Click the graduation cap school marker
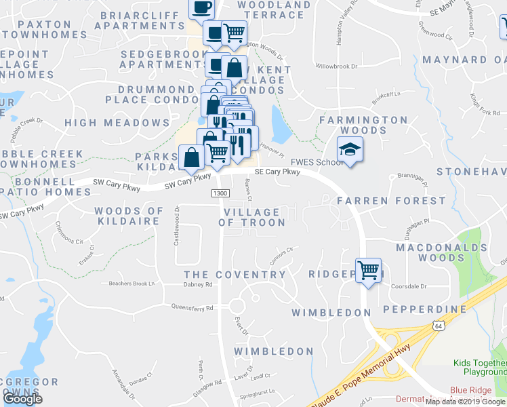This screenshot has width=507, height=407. [x=350, y=150]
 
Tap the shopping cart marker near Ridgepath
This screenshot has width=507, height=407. [x=368, y=271]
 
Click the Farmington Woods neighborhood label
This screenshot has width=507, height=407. [x=363, y=125]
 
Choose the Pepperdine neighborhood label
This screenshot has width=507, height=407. [x=425, y=309]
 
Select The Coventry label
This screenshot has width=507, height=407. [x=235, y=275]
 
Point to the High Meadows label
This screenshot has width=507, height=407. [x=117, y=123]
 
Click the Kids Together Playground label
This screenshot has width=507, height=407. [x=480, y=368]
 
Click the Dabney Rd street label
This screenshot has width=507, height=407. [x=198, y=285]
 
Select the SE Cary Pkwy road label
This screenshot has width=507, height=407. [x=277, y=172]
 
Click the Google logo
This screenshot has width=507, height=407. [x=22, y=399]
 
